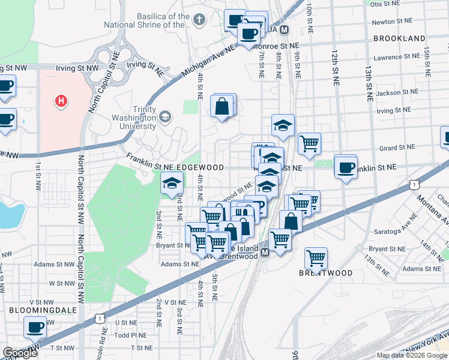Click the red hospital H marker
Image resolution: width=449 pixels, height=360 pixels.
coord(61,101)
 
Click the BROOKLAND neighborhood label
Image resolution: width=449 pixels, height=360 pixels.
coord(399,38)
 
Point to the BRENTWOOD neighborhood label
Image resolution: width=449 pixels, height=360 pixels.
coord(326,273)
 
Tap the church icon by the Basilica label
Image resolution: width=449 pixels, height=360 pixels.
coord(199,20)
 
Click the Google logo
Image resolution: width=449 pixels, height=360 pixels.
coord(20,353)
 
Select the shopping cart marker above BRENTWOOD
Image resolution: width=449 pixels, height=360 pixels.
coord(316,258)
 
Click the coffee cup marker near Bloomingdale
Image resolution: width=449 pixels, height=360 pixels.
coord(35,328)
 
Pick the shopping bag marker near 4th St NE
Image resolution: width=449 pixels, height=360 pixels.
coord(222,107)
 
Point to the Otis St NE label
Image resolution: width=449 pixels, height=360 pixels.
coord(385,4)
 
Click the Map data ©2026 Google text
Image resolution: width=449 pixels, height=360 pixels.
coord(412,355)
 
